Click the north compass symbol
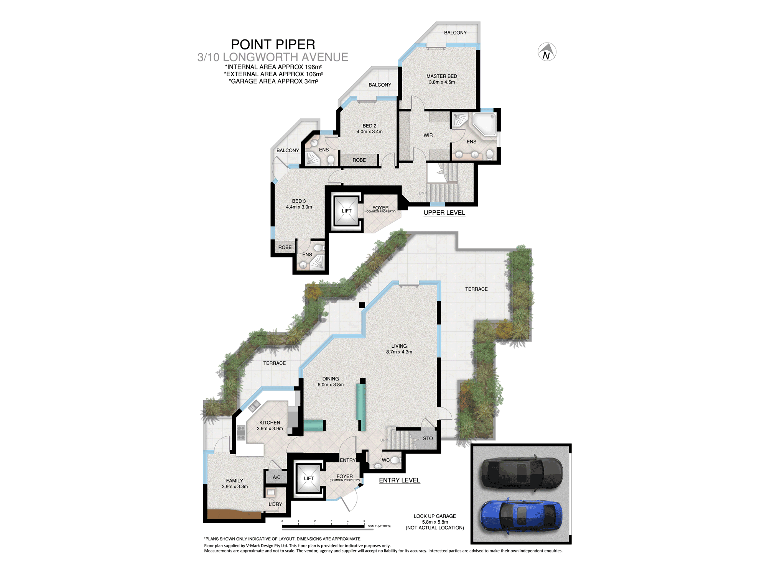pyautogui.click(x=547, y=52)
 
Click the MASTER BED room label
pyautogui.click(x=442, y=76)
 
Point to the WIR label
pyautogui.click(x=428, y=135)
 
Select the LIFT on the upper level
pyautogui.click(x=347, y=210)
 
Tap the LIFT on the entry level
pyautogui.click(x=309, y=478)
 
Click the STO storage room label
pyautogui.click(x=428, y=439)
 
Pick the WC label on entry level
pyautogui.click(x=386, y=460)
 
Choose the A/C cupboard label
pyautogui.click(x=277, y=477)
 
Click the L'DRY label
pyautogui.click(x=275, y=504)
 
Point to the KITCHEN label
pyautogui.click(x=270, y=423)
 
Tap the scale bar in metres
pyautogui.click(x=323, y=526)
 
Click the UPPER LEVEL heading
pyautogui.click(x=444, y=213)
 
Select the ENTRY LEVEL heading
pyautogui.click(x=400, y=480)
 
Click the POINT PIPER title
pyautogui.click(x=273, y=44)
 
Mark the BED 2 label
pyautogui.click(x=370, y=126)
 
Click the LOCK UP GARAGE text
pyautogui.click(x=435, y=516)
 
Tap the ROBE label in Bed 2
pyautogui.click(x=359, y=160)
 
